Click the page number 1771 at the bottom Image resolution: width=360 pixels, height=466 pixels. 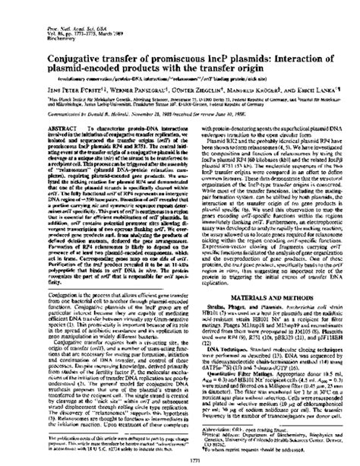coord(179,458)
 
